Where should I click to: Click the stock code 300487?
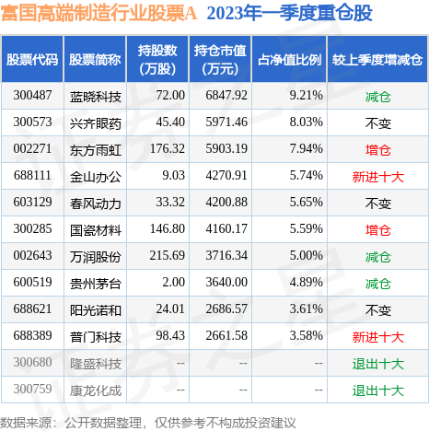coord(32,95)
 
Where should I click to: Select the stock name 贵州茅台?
coord(96,283)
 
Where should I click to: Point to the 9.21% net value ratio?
coord(302,95)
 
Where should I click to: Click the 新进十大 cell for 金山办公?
coord(377,175)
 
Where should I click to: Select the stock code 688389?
coord(32,337)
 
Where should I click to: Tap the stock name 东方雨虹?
coord(96,148)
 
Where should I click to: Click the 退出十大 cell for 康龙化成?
coord(377,391)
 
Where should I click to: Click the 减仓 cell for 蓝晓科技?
coord(377,95)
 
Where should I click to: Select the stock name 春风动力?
coord(96,203)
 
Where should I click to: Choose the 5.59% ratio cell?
coord(302,229)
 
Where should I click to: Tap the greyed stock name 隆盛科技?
coord(96,364)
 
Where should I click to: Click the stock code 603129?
coord(32,203)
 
